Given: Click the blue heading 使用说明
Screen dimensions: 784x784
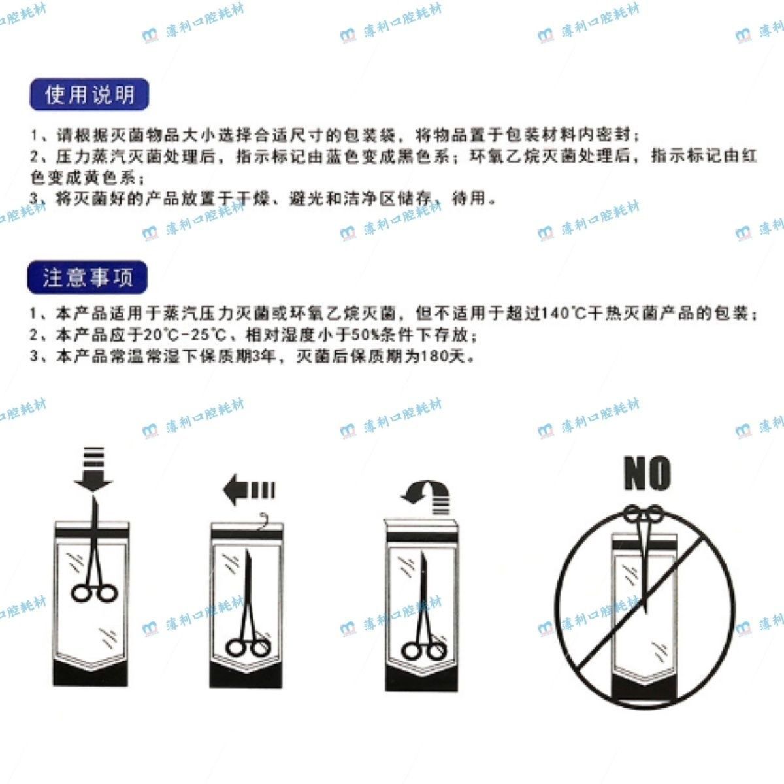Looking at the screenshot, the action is coord(89,94).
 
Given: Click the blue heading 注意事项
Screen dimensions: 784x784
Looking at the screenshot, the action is coord(88,277).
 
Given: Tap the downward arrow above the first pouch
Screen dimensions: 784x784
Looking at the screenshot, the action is coord(93,469).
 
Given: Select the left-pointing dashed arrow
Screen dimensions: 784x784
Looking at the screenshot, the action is coord(249,489).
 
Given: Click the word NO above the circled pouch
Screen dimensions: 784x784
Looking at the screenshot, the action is coord(647,473).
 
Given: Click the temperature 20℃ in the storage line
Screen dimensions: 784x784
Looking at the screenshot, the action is coord(160,335).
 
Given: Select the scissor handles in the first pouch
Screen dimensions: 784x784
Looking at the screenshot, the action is coord(94,594).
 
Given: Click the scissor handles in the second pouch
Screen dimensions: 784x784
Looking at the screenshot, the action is coord(248,649).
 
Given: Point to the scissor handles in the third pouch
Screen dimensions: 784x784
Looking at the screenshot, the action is coord(423,651).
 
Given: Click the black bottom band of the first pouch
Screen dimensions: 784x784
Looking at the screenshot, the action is coord(91,672).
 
